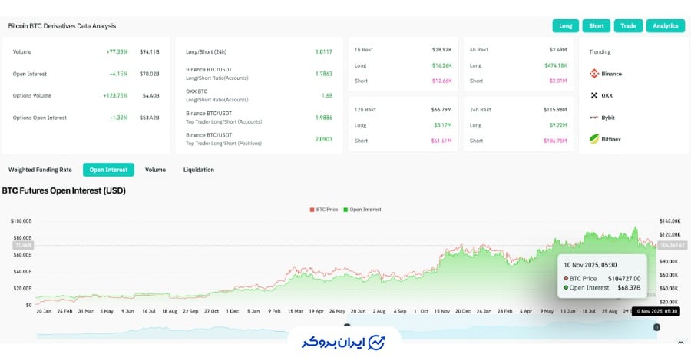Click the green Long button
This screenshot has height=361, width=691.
(566, 25)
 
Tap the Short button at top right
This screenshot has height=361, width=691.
(597, 25)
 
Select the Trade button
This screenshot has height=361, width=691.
(628, 25)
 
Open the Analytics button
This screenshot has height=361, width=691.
(666, 25)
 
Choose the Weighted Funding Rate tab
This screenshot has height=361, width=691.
(41, 170)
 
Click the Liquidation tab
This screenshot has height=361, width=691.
(199, 170)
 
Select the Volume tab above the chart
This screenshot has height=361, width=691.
(155, 170)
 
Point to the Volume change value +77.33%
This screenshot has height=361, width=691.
(117, 51)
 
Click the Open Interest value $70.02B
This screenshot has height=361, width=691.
(150, 74)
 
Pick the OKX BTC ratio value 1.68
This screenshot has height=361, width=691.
(326, 95)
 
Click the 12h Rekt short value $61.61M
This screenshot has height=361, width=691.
(441, 141)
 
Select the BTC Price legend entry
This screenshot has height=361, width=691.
(325, 210)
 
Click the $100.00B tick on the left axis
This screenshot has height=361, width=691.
(21, 221)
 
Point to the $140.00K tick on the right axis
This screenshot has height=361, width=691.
(671, 221)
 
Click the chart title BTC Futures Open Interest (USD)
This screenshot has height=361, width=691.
(64, 190)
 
